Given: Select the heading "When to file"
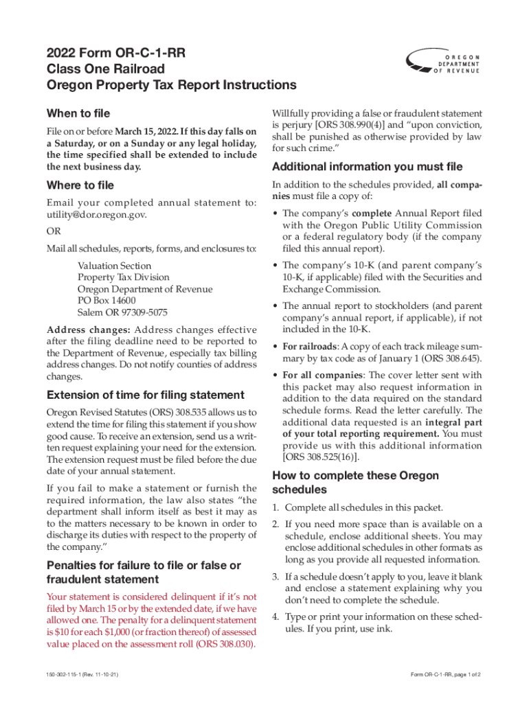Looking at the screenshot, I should [78, 113].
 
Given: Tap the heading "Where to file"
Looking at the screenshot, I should [80, 185].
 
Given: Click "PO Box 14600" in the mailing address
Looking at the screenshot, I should [106, 300].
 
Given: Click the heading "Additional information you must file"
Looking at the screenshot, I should [368, 167].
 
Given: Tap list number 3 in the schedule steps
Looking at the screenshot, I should [275, 577].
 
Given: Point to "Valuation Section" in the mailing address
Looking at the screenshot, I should [114, 266].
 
